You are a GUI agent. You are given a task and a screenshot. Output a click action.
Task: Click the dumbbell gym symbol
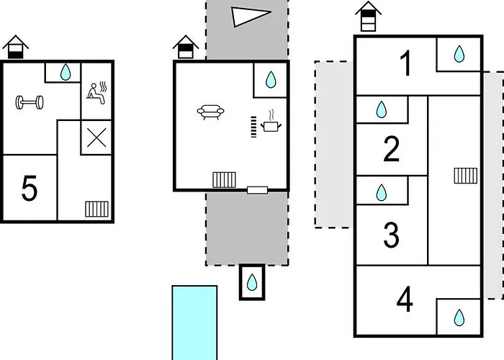pyautogui.click(x=30, y=102)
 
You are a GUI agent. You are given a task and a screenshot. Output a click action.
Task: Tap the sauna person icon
pyautogui.click(x=96, y=93)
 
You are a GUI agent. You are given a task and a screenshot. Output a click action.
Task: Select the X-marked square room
pyautogui.click(x=96, y=138)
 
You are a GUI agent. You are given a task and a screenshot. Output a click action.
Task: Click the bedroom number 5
pyautogui.click(x=30, y=189)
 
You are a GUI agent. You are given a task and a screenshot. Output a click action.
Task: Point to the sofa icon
pyautogui.click(x=210, y=112)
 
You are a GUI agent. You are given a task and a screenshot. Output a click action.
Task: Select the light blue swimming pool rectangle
pyautogui.click(x=194, y=323)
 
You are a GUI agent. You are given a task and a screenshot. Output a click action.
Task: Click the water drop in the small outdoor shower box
pyautogui.click(x=252, y=282)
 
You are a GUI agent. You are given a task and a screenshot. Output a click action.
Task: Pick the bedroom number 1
pyautogui.click(x=406, y=63)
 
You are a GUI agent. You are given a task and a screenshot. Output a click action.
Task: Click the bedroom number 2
pyautogui.click(x=392, y=149)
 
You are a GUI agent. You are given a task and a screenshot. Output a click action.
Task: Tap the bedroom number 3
pyautogui.click(x=392, y=235)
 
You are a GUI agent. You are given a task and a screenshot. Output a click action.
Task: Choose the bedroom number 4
pyautogui.click(x=405, y=299)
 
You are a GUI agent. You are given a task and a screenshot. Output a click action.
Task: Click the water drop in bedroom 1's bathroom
pyautogui.click(x=459, y=54)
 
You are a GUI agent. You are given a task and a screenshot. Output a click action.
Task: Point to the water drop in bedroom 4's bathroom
pyautogui.click(x=459, y=318)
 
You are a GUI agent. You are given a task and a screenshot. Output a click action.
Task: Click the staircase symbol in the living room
pyautogui.click(x=224, y=180)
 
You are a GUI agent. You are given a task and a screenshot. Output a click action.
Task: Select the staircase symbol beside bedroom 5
pyautogui.click(x=96, y=209)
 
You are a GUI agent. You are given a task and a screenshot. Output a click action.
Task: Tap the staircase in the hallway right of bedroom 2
pyautogui.click(x=466, y=176)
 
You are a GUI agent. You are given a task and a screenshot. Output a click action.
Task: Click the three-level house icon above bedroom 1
pyautogui.click(x=369, y=17)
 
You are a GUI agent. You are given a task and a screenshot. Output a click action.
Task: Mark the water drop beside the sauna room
pyautogui.click(x=66, y=72)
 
